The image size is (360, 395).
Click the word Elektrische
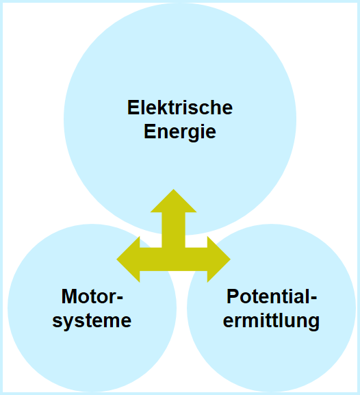point(180,107)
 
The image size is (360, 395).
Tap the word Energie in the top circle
point(180,132)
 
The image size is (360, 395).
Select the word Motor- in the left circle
point(92,296)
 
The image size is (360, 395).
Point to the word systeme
point(92,322)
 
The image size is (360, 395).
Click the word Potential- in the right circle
point(272,296)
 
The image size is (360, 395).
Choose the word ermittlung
point(271,322)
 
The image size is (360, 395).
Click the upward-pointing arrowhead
point(173,201)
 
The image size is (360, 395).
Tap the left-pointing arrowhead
point(128,259)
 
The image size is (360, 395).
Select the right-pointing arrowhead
point(219,259)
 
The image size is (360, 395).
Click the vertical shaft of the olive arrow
point(173,230)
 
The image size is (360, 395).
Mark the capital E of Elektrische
point(133,107)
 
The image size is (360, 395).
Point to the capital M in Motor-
point(69,296)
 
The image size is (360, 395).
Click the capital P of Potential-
point(233,296)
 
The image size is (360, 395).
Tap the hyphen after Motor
point(120,298)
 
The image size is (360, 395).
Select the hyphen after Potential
point(314,298)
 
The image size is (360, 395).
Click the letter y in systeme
point(68,324)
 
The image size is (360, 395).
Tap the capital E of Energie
point(150,131)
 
